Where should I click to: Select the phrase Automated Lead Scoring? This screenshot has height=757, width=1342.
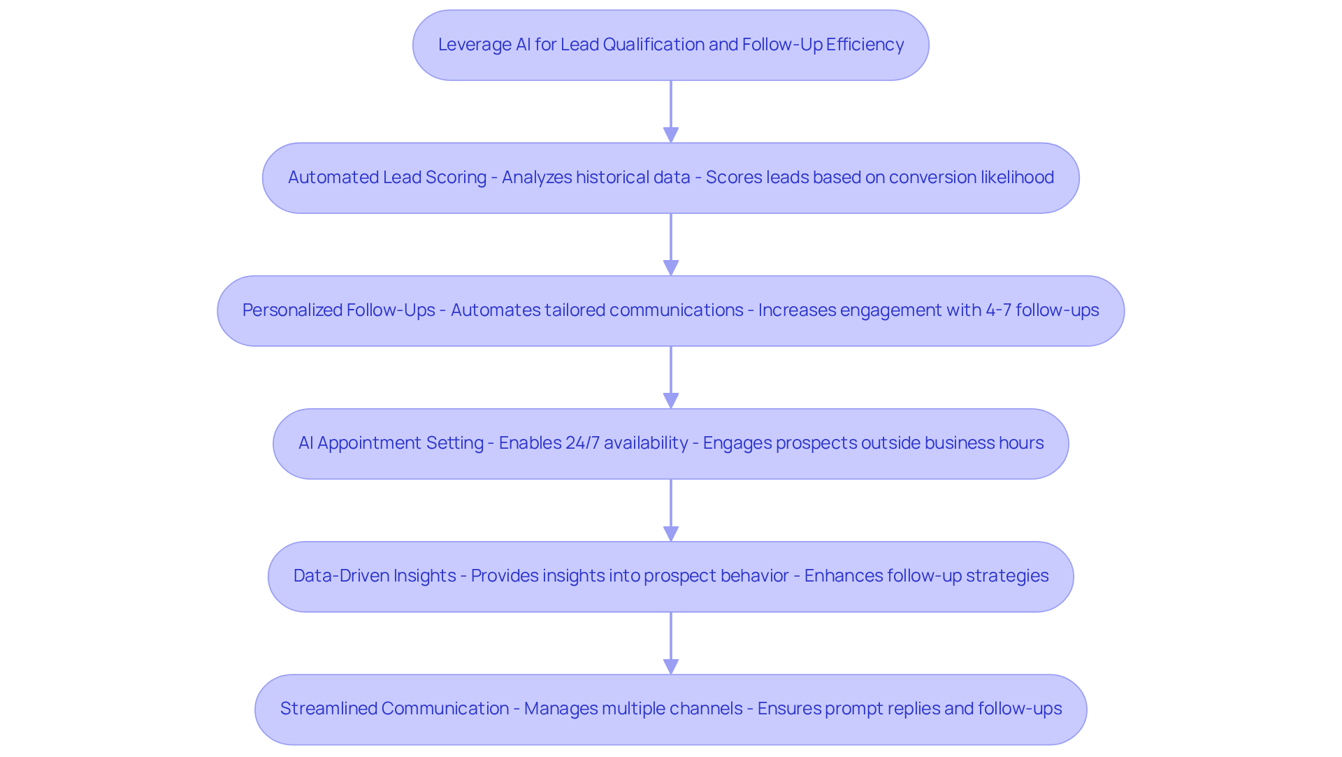[387, 178]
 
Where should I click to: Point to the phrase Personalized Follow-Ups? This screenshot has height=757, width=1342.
[338, 310]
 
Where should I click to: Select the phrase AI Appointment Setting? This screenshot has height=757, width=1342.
[391, 443]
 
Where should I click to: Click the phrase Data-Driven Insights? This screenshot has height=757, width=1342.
[375, 576]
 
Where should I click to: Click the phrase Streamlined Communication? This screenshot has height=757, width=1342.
[394, 709]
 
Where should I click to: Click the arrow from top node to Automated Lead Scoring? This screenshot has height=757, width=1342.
[671, 112]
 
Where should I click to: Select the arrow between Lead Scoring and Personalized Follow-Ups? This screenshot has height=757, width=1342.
[671, 245]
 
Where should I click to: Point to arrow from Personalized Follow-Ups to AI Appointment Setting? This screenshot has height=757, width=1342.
[671, 377]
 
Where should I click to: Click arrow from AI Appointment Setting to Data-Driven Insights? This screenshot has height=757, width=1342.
[671, 510]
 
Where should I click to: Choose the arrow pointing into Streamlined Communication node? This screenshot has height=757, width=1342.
[671, 643]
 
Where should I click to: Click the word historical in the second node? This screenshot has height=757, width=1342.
[612, 178]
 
